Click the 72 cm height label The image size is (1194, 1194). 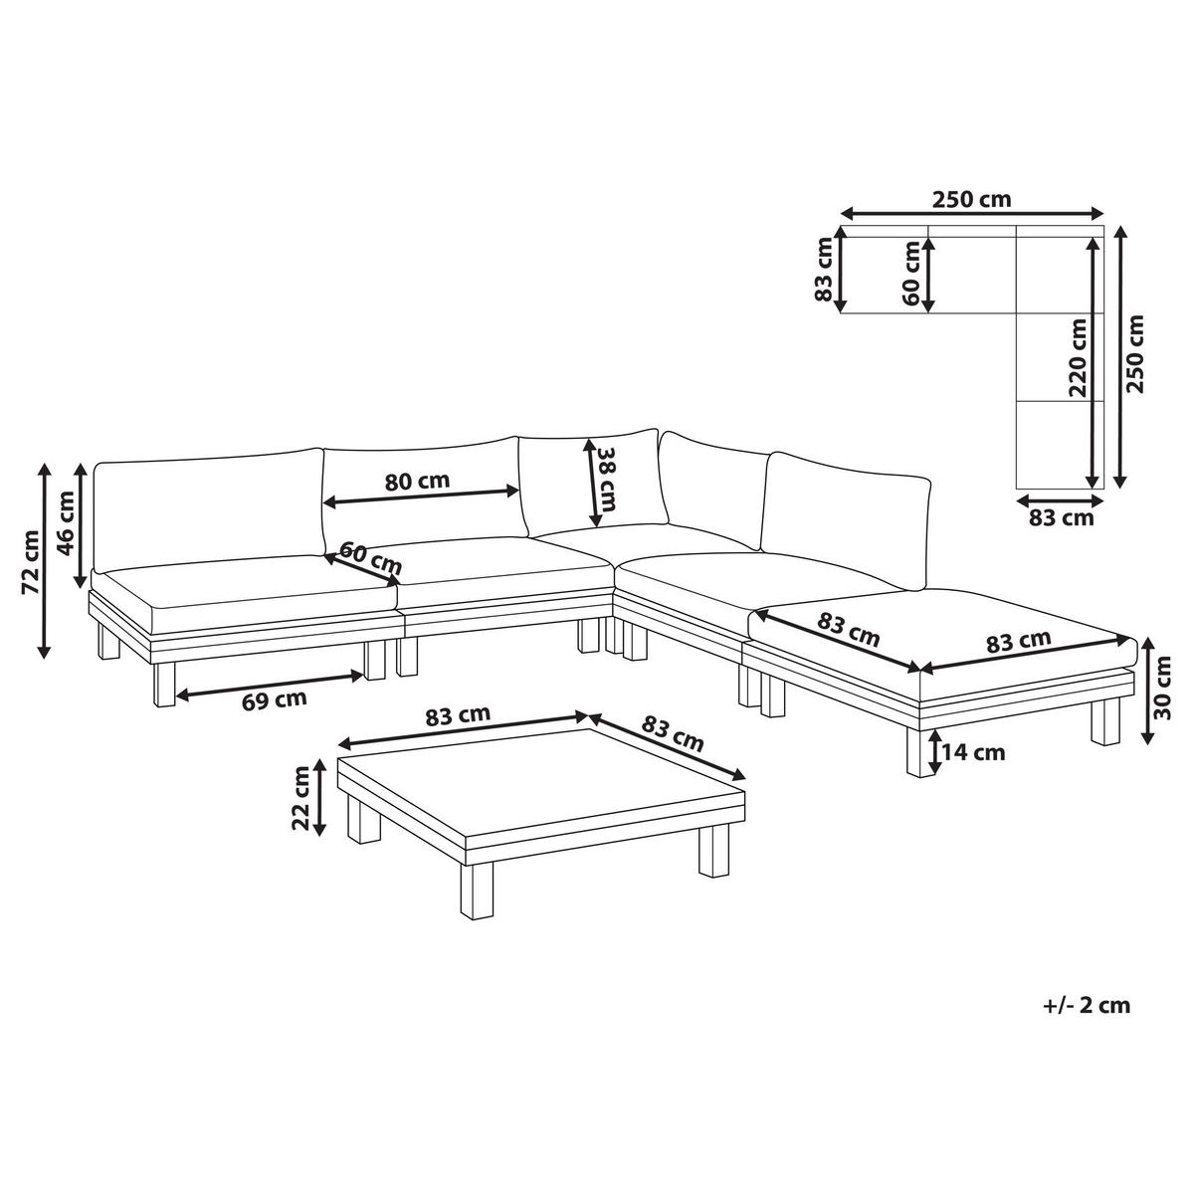pos(30,562)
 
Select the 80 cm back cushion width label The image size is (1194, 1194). pos(416,481)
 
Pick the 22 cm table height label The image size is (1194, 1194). pos(301,797)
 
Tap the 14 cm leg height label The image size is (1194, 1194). pos(973,752)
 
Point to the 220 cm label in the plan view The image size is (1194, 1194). pos(1078,357)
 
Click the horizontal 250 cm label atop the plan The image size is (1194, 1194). pos(972,200)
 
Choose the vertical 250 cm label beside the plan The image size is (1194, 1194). pos(1135,354)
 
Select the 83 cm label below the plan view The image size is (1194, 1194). pos(1062,517)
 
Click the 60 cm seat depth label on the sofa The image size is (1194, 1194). pos(370,556)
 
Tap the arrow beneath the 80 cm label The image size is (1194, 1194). pos(421,497)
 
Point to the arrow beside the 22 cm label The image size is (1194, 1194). pos(319,797)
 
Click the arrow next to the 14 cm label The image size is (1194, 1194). pos(933,753)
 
